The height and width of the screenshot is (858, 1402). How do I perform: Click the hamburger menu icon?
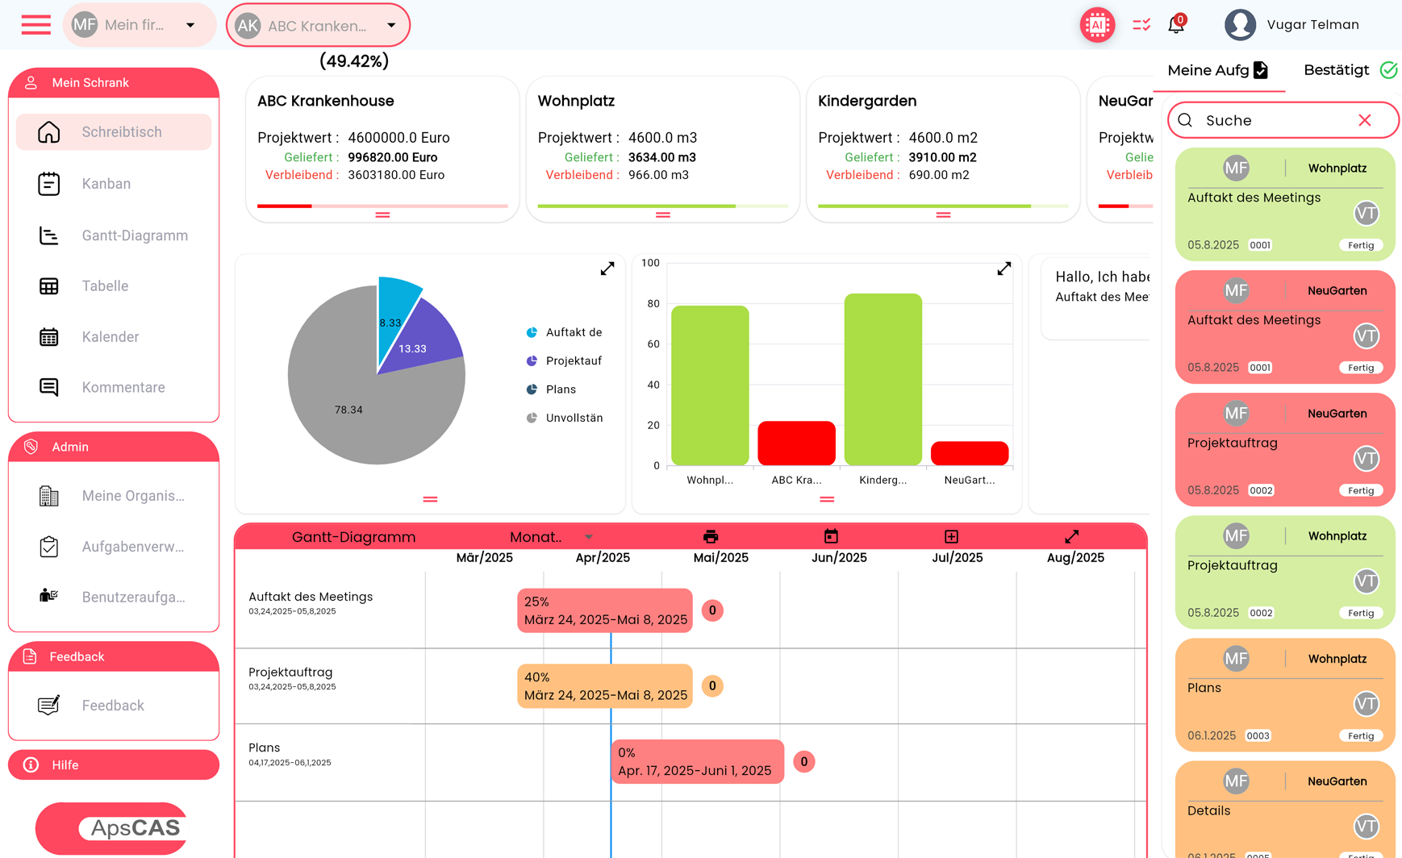pos(35,25)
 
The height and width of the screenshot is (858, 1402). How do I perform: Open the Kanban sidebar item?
pos(106,184)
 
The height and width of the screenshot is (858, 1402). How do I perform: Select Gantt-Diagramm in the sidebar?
pos(134,235)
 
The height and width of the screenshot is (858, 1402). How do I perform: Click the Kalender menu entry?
pos(110,337)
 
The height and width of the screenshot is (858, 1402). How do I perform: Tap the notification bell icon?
pos(1176,25)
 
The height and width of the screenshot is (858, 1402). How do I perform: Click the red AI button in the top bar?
pos(1097,25)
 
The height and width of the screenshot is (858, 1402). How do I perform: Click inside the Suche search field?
pos(1275,120)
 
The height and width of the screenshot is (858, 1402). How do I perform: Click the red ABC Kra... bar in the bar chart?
pos(796,443)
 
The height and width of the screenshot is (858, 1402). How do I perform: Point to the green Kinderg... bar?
pos(883,379)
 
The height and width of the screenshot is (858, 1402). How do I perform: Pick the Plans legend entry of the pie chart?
pos(560,389)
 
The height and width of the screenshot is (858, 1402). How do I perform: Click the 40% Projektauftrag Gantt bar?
pos(604,686)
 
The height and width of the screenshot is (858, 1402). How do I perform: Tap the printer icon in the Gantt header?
pos(711,537)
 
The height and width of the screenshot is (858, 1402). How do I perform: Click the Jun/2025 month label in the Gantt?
pos(839,558)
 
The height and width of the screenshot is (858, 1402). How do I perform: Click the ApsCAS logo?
pos(113,828)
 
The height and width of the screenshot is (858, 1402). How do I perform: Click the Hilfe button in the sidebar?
pos(113,765)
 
